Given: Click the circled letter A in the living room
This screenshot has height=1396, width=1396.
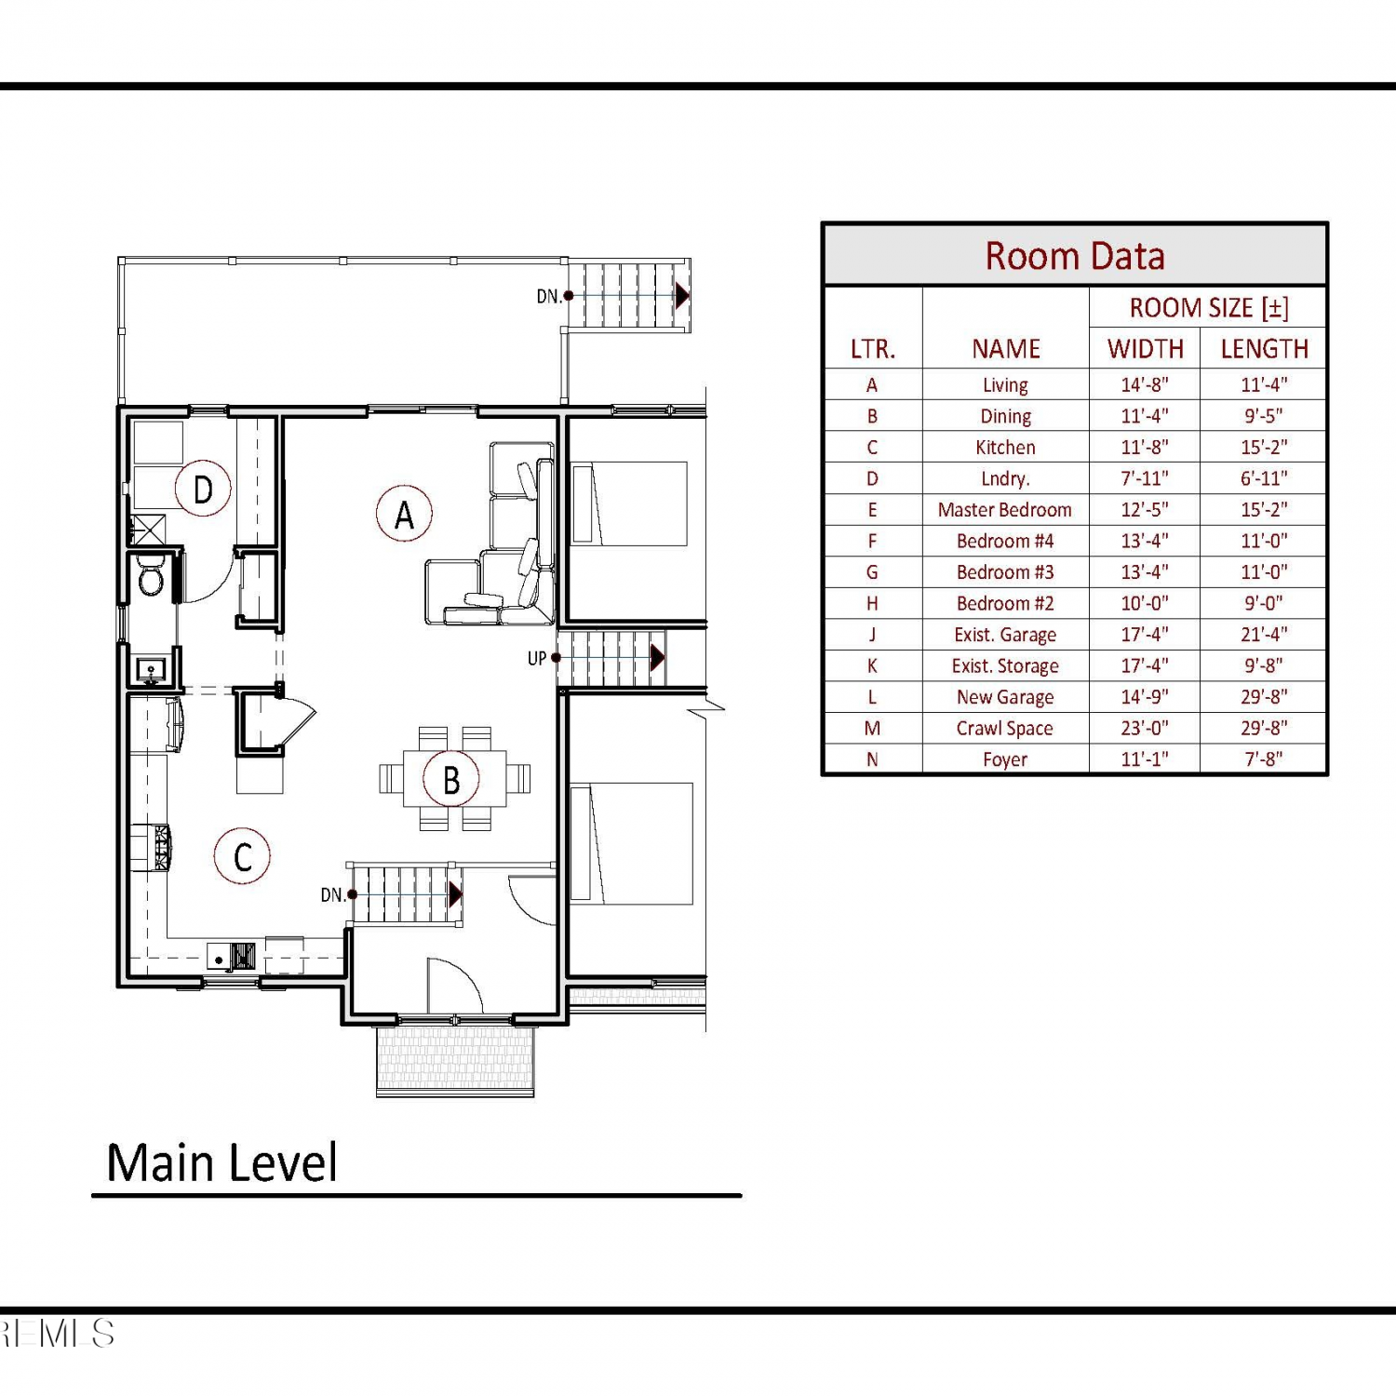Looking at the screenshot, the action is click(x=404, y=514).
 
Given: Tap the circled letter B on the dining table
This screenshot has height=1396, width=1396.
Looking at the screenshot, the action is click(x=451, y=780).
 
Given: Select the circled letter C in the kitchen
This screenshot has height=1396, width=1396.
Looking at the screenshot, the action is click(x=242, y=856).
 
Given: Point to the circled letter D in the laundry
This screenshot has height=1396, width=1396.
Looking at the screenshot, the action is click(x=203, y=489).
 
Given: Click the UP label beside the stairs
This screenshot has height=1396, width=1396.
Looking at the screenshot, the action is click(x=537, y=658).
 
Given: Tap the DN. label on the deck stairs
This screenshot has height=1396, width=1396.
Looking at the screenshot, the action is click(x=549, y=296).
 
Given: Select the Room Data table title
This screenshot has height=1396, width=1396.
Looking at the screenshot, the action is click(x=1075, y=256).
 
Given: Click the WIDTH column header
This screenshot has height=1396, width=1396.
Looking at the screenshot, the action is click(x=1146, y=349).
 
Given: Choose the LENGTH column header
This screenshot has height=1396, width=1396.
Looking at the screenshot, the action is click(x=1264, y=349).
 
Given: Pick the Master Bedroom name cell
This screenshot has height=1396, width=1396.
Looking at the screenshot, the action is click(x=1005, y=510).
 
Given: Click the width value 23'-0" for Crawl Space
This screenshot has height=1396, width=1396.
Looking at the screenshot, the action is click(x=1145, y=728).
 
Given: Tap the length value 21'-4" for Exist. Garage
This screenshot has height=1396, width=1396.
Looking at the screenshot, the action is click(x=1264, y=635).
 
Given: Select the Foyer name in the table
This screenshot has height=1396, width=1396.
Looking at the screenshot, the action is click(x=1005, y=759).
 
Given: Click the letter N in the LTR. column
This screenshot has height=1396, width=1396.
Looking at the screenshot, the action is click(x=872, y=759).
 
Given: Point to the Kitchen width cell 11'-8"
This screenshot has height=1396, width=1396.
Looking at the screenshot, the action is click(x=1145, y=447).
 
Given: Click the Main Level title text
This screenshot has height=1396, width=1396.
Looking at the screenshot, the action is click(x=221, y=1163).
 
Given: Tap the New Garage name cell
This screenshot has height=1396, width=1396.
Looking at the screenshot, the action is click(x=1005, y=697).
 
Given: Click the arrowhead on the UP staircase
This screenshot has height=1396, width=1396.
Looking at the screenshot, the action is click(x=658, y=658).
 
